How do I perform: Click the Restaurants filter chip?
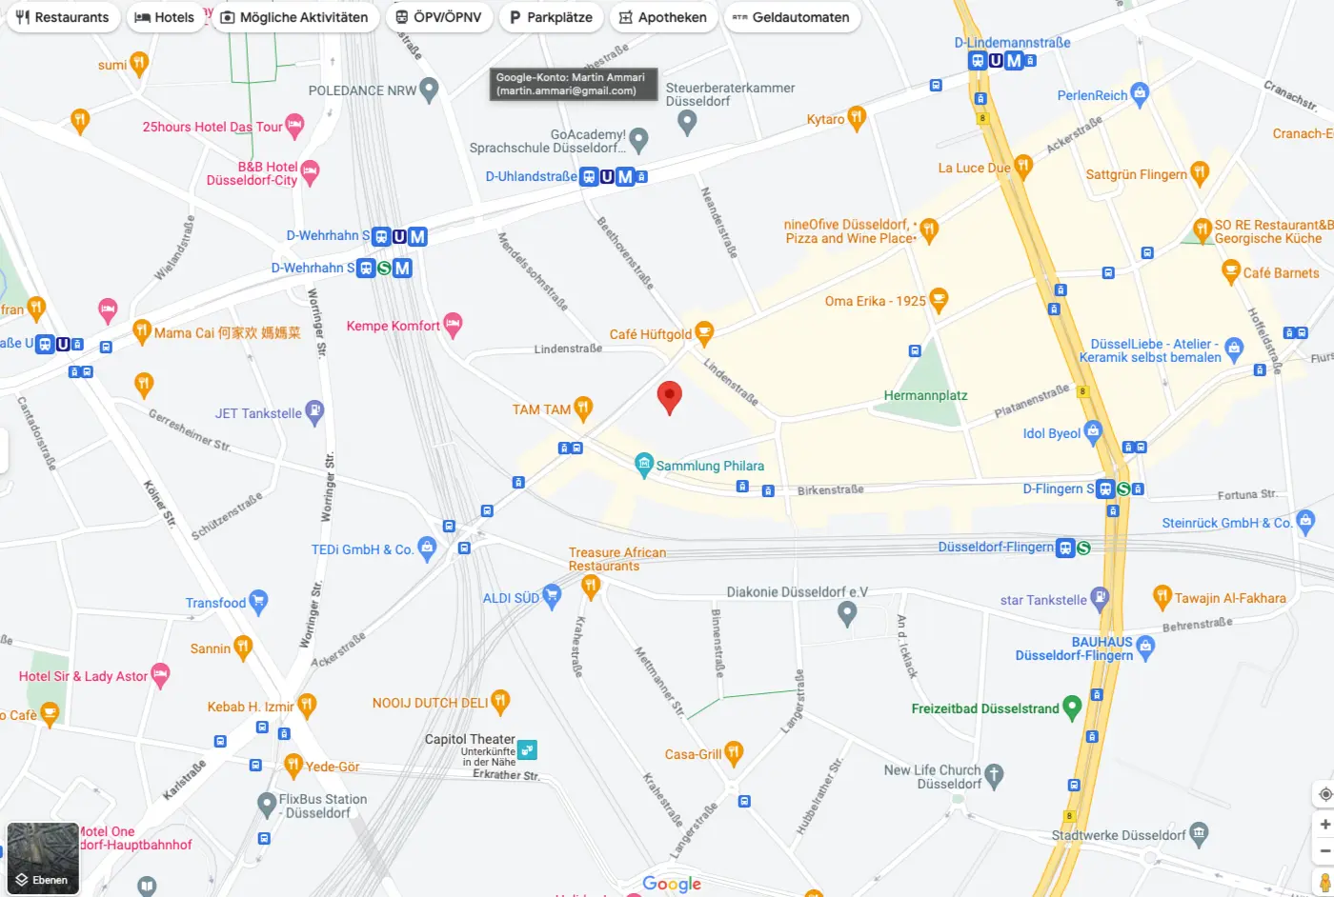(x=63, y=17)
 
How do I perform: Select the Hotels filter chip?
(x=165, y=17)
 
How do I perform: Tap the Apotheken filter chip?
(x=663, y=17)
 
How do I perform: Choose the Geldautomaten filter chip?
(x=791, y=17)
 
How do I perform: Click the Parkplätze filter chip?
(x=551, y=17)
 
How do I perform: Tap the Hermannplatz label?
(x=925, y=395)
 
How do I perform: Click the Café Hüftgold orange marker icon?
(x=704, y=333)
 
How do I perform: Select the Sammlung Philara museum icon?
(x=644, y=465)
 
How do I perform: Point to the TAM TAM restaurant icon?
(x=583, y=409)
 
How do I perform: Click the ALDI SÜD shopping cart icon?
(x=552, y=597)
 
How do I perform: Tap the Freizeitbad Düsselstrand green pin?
(x=1072, y=708)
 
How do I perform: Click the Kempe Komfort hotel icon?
(x=453, y=325)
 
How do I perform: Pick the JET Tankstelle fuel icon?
(x=315, y=412)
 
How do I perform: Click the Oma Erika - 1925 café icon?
(x=939, y=300)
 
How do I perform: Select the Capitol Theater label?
(x=470, y=739)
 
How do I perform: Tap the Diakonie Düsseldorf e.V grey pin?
(x=847, y=614)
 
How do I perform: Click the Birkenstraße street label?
(x=830, y=489)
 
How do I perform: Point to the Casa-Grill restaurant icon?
(x=733, y=753)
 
